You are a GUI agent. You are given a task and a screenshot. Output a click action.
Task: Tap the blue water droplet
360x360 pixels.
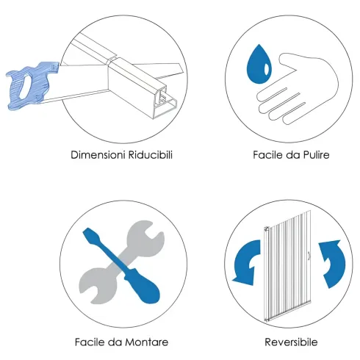[259, 66]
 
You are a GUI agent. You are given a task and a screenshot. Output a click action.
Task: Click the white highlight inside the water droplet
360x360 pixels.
[267, 69]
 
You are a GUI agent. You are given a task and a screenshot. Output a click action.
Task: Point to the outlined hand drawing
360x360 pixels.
[298, 88]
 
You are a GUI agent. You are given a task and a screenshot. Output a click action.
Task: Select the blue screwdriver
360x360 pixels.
[121, 266]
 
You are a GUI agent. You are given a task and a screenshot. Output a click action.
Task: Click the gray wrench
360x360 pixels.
[122, 262]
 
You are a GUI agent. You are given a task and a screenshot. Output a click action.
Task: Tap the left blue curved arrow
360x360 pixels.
[245, 262]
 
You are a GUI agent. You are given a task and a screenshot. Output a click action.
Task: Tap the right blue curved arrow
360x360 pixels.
[334, 263]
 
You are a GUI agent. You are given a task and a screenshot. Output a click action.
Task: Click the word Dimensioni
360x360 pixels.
[98, 155]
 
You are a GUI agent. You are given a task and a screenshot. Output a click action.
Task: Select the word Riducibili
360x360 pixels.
[151, 155]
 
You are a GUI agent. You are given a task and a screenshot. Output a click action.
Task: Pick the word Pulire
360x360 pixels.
[317, 155]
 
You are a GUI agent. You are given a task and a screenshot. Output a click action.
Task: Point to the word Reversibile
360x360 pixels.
[291, 342]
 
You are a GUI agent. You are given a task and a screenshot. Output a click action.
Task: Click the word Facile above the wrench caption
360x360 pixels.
[90, 342]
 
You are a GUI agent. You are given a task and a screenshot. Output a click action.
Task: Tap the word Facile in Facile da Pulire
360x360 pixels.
[268, 155]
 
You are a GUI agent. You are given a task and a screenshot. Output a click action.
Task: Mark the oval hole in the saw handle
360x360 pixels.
[24, 86]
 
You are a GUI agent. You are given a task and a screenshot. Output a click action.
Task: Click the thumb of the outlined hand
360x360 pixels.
[289, 64]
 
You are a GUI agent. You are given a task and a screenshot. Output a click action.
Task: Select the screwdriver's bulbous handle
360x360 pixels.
[145, 289]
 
